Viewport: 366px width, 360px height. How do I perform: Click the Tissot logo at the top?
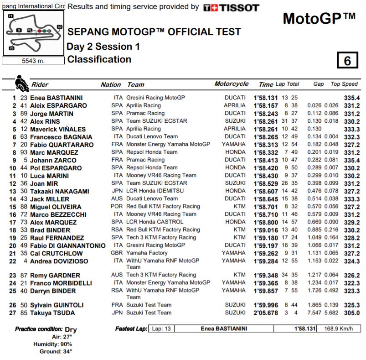[x=231, y=8]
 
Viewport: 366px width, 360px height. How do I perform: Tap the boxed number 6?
[x=347, y=61]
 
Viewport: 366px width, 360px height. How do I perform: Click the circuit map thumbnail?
[x=33, y=33]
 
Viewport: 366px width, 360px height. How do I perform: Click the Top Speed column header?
[x=344, y=84]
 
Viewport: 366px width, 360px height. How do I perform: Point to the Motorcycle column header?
[x=232, y=84]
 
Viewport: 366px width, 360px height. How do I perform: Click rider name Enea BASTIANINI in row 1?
[x=57, y=98]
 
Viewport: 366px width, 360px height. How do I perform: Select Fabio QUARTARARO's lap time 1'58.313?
[x=266, y=145]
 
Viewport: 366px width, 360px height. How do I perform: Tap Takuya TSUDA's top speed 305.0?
[x=352, y=313]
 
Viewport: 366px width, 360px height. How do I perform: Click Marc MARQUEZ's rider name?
[x=54, y=152]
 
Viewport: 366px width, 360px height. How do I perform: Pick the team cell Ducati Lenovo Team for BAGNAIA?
[x=152, y=136]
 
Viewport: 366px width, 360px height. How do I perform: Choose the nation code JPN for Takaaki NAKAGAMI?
[x=117, y=191]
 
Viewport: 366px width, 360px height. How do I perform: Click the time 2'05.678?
[x=266, y=313]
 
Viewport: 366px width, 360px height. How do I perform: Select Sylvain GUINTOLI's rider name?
[x=57, y=305]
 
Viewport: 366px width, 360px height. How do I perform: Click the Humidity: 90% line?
[x=54, y=344]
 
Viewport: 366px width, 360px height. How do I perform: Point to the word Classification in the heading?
[x=99, y=59]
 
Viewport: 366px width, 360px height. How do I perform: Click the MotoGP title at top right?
[x=319, y=18]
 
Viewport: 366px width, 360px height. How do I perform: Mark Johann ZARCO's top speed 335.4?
[x=352, y=160]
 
